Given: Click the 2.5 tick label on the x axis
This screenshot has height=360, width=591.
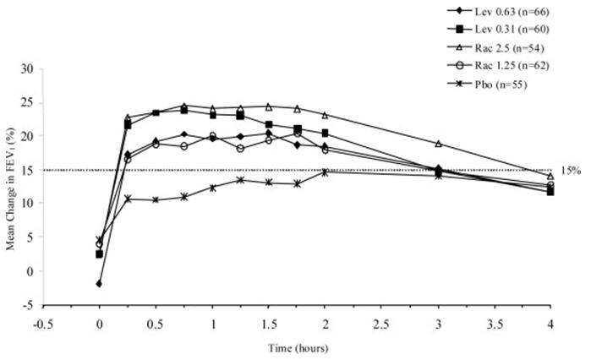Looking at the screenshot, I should click(382, 322).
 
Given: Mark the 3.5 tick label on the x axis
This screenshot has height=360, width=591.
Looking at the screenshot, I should click(495, 322).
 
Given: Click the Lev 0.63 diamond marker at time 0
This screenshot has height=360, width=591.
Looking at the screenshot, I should click(99, 284).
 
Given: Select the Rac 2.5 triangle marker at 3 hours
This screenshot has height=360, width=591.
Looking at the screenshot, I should click(438, 144).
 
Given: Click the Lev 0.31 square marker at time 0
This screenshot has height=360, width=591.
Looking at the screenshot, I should click(99, 254).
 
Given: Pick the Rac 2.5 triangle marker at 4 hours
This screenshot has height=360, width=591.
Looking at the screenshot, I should click(551, 176).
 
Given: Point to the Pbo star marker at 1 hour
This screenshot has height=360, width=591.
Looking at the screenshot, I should click(212, 188).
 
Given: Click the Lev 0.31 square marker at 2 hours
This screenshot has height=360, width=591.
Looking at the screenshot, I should click(326, 133).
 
